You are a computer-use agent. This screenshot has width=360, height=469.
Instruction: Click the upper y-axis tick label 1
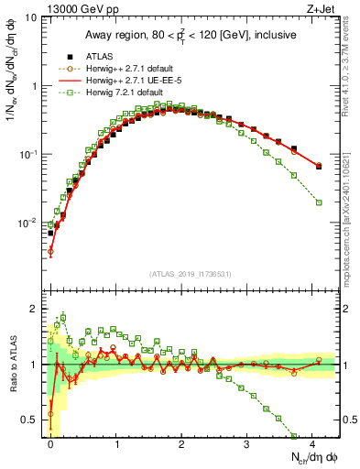34,86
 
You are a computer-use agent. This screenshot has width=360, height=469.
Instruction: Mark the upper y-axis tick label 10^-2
28,223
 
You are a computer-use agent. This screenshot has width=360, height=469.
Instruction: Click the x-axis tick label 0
50,443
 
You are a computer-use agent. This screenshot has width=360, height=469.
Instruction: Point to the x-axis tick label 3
246,443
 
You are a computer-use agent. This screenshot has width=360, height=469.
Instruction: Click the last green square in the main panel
319,202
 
